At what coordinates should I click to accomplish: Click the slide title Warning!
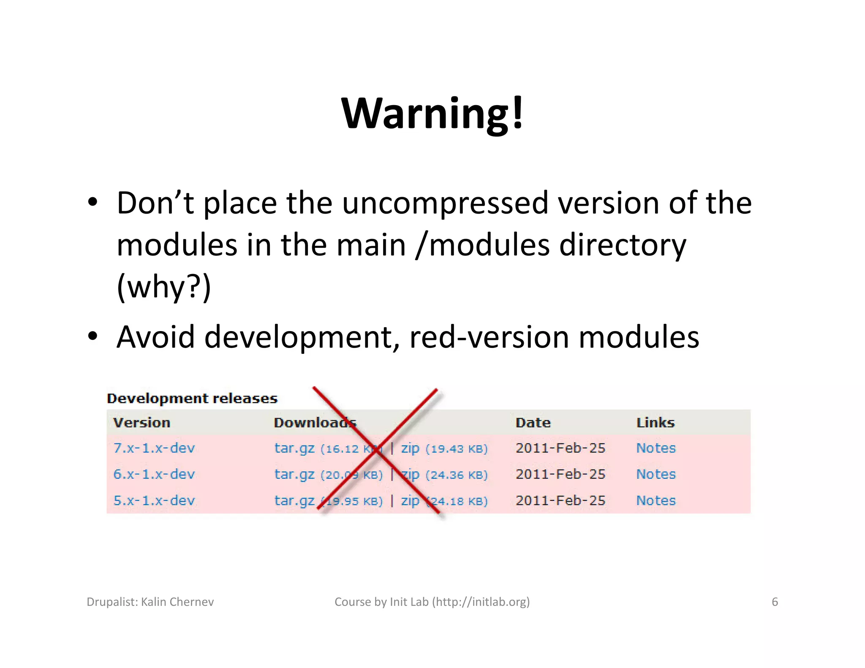(432, 113)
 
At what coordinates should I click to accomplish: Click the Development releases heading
(192, 398)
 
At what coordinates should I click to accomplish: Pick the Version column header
(142, 423)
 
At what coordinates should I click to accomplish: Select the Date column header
(533, 423)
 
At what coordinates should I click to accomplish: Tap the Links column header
(656, 423)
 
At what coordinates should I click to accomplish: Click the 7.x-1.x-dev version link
(154, 448)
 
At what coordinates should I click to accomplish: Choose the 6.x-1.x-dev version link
(154, 474)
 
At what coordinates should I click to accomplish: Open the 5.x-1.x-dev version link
(154, 500)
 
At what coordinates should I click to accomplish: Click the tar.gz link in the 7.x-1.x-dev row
(294, 448)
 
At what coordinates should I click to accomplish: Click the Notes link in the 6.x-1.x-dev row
(656, 474)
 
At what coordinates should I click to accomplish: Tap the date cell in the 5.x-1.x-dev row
(560, 500)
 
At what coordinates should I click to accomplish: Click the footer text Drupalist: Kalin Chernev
(150, 602)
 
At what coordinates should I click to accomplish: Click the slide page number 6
(775, 602)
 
